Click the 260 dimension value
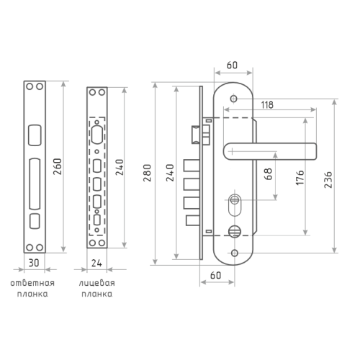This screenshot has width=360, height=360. (58, 166)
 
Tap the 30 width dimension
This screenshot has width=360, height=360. (34, 263)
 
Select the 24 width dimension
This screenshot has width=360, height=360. (96, 263)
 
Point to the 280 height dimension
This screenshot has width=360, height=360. (147, 173)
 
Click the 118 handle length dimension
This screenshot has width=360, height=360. (267, 105)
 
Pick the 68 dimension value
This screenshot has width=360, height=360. (268, 174)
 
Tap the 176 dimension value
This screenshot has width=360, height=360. (300, 178)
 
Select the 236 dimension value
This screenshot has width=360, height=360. (328, 179)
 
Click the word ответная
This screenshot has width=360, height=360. (32, 283)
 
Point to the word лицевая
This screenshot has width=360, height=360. (97, 284)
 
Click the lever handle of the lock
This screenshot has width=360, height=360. (270, 151)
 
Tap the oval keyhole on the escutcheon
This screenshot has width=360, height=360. (235, 204)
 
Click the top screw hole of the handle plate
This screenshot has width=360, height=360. (234, 99)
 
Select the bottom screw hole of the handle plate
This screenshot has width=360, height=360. (235, 253)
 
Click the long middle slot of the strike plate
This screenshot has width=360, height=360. (35, 184)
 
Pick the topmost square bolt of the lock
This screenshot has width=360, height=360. (192, 166)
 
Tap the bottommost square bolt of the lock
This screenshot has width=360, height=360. (193, 220)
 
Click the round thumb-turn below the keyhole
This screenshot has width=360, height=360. (234, 231)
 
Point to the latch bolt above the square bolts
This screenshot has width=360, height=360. (196, 135)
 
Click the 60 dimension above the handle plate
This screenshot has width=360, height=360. (232, 65)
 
